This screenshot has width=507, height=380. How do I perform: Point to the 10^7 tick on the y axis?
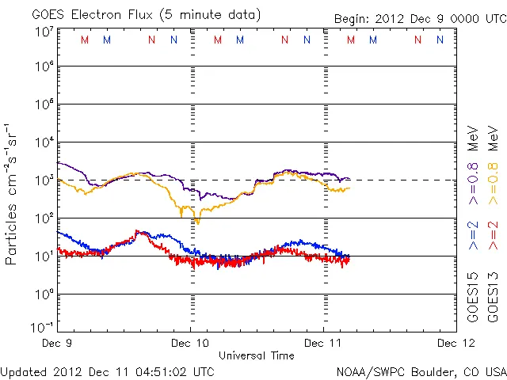(x=44, y=32)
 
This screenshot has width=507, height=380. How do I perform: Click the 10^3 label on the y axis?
(x=44, y=180)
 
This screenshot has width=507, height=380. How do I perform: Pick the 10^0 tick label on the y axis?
(x=44, y=294)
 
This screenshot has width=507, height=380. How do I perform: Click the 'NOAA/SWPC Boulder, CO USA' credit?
(x=421, y=371)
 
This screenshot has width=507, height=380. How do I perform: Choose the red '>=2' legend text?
(x=492, y=236)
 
